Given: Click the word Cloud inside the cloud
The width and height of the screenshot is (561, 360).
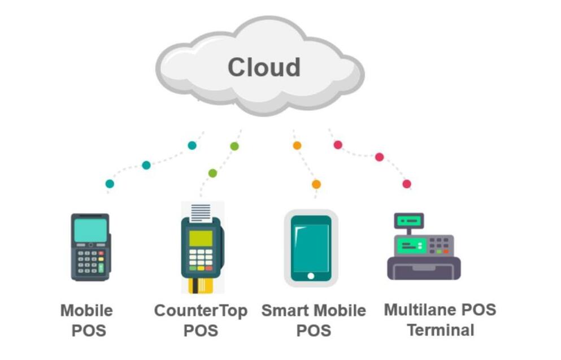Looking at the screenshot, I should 264,67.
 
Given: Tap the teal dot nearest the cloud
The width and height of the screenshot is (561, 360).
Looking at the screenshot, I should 192,145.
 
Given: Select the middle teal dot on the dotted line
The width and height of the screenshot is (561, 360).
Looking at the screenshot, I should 146,165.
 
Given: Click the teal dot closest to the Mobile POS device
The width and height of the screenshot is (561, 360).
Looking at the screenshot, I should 110,184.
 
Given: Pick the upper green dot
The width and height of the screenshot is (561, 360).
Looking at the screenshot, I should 234,146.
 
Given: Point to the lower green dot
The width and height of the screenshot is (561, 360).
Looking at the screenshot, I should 212,173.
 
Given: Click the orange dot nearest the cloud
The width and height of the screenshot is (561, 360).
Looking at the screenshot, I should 297,145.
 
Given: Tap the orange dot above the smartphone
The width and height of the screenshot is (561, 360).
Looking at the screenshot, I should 316,184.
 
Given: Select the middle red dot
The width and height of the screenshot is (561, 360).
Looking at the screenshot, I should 379,157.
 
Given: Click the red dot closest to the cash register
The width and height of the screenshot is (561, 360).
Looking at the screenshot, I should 407,184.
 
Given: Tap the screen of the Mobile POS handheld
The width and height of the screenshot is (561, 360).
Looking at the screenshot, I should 90,230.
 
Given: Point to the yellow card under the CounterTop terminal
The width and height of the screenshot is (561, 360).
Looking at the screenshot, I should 201,285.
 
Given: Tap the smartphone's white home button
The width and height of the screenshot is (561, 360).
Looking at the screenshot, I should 311,276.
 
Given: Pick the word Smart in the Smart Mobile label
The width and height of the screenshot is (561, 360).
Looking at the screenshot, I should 285,311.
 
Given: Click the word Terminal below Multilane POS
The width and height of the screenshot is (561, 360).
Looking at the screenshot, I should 441,329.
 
